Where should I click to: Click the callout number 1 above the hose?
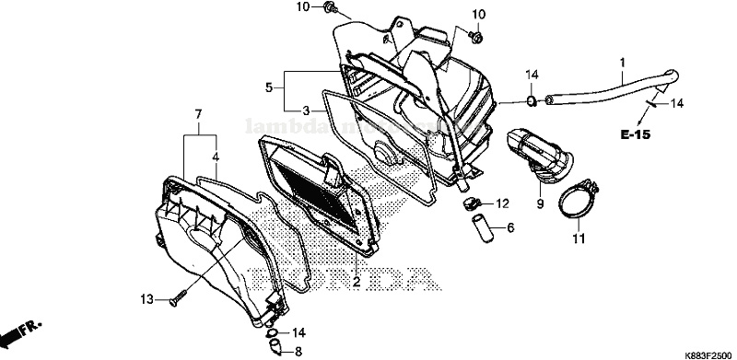[622, 63]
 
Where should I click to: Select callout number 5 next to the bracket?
[269, 88]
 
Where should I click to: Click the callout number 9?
[540, 202]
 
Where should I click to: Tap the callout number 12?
[503, 203]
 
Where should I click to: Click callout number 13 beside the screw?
[146, 300]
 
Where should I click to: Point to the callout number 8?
[298, 352]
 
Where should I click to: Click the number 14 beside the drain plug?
[298, 331]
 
